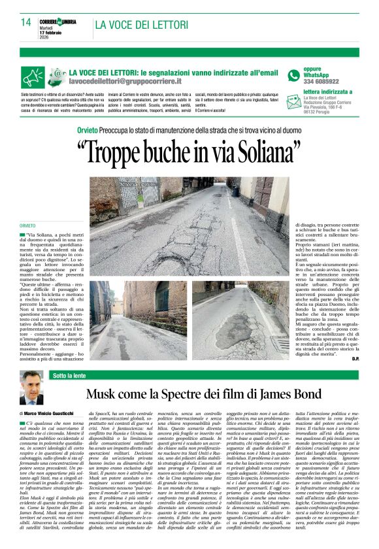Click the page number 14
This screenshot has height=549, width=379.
pyautogui.click(x=25, y=22)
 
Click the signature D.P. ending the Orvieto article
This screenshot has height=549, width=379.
pyautogui.click(x=355, y=359)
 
